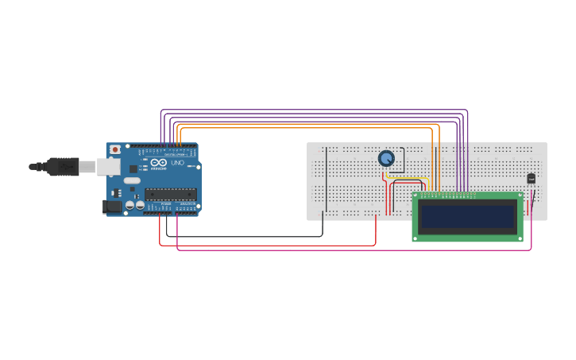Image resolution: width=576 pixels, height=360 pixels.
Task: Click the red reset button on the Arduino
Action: click(x=115, y=149)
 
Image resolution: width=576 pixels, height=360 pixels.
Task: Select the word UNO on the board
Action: click(x=177, y=163)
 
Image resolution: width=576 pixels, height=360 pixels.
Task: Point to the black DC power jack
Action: click(x=113, y=206)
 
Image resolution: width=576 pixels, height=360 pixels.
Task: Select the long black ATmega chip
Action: click(x=170, y=194)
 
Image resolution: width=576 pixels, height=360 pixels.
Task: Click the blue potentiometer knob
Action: click(x=386, y=158)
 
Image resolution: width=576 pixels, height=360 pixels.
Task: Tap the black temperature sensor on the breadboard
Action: click(x=531, y=179)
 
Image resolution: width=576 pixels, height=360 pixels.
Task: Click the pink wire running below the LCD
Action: click(x=358, y=250)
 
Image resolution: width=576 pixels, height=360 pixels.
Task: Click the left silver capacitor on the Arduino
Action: click(x=130, y=206)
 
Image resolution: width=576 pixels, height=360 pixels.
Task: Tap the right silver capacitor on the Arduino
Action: click(x=140, y=206)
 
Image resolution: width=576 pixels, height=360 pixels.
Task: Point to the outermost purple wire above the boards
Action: click(x=318, y=110)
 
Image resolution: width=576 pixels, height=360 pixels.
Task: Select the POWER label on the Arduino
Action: click(x=166, y=204)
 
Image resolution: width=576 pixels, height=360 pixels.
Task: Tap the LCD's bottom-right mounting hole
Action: click(x=520, y=237)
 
